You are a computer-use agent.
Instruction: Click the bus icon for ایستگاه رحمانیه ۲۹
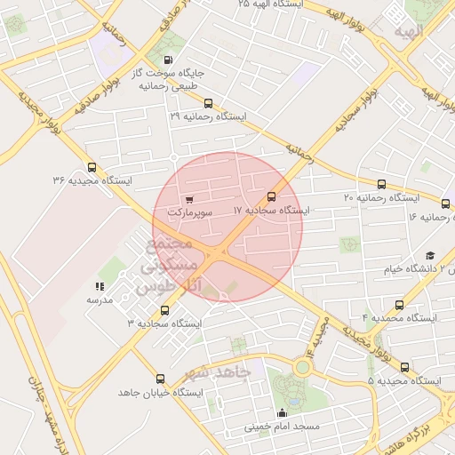[x=208, y=103]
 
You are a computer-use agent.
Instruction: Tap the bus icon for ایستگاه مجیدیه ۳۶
[x=92, y=166]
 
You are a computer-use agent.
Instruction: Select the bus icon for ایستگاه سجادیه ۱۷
[x=271, y=196]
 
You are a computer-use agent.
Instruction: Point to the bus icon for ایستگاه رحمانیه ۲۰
[x=382, y=184]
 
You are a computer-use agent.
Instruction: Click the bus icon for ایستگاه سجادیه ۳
[x=164, y=310]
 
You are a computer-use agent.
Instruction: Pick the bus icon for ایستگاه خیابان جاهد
[x=160, y=379]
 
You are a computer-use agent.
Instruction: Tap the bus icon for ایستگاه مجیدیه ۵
[x=405, y=367]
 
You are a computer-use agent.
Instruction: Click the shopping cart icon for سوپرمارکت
[x=188, y=199]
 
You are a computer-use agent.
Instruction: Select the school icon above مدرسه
[x=99, y=286]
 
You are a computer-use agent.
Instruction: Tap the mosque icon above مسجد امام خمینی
[x=283, y=412]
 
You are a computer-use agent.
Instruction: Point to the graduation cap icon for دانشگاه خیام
[x=430, y=256]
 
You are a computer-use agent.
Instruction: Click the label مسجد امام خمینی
[x=282, y=427]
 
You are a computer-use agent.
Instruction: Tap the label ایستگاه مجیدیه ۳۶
[x=92, y=180]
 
